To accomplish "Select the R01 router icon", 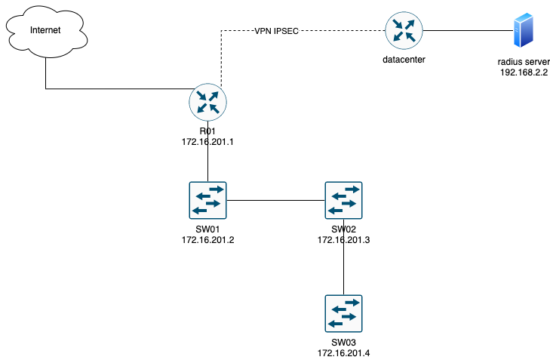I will pyautogui.click(x=209, y=103).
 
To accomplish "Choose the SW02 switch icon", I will pyautogui.click(x=343, y=200).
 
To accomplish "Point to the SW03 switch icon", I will pyautogui.click(x=343, y=313).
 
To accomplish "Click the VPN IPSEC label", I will pyautogui.click(x=276, y=31).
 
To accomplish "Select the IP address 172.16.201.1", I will pyautogui.click(x=209, y=142).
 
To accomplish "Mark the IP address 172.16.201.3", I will pyautogui.click(x=344, y=240).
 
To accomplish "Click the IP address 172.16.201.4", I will pyautogui.click(x=344, y=352).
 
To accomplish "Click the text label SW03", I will pyautogui.click(x=344, y=343).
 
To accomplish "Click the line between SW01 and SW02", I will pyautogui.click(x=275, y=200).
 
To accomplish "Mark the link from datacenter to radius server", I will pyautogui.click(x=464, y=31).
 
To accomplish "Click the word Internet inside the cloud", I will pyautogui.click(x=45, y=30).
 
